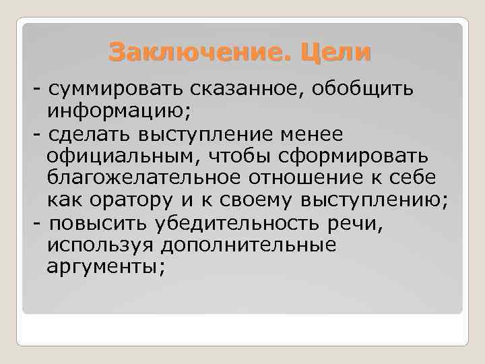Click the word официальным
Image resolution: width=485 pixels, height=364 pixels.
(x=127, y=156)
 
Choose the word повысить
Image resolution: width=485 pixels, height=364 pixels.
(x=101, y=223)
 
